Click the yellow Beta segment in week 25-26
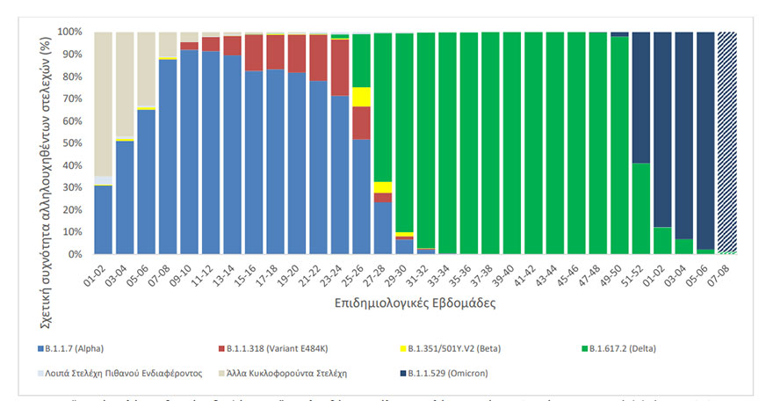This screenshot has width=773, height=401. pyautogui.click(x=361, y=97)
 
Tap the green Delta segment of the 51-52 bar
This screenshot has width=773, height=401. pyautogui.click(x=641, y=208)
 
